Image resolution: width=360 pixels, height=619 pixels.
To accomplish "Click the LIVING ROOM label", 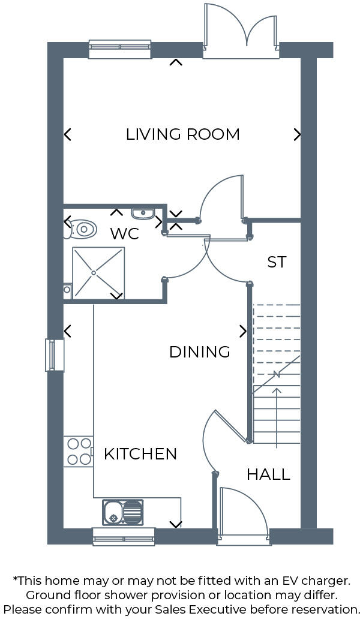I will click(x=182, y=134).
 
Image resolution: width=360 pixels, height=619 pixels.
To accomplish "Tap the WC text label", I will click(x=124, y=233).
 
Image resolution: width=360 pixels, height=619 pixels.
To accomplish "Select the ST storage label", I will click(x=277, y=262).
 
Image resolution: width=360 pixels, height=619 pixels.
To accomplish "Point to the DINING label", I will click(x=200, y=351).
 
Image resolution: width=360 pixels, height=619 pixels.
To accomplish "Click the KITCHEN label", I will click(x=140, y=454).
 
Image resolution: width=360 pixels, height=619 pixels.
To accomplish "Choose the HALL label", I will click(x=268, y=474).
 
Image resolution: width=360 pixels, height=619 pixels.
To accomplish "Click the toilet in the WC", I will click(x=82, y=229).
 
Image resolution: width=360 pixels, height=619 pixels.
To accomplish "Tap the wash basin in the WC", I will click(x=143, y=213).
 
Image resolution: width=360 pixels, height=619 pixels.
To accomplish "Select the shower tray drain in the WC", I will click(x=94, y=273).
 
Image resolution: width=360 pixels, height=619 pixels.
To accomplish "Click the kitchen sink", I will click(x=123, y=512).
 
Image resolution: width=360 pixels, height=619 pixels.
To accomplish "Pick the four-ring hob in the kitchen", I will click(x=79, y=452).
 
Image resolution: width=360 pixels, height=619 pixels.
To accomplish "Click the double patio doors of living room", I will click(x=241, y=33).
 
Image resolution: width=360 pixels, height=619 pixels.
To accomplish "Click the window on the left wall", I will click(x=54, y=355).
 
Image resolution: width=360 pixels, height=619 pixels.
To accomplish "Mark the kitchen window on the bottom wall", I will click(x=124, y=536).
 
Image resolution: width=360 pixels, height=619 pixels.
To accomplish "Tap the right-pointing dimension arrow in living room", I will click(x=297, y=134).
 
